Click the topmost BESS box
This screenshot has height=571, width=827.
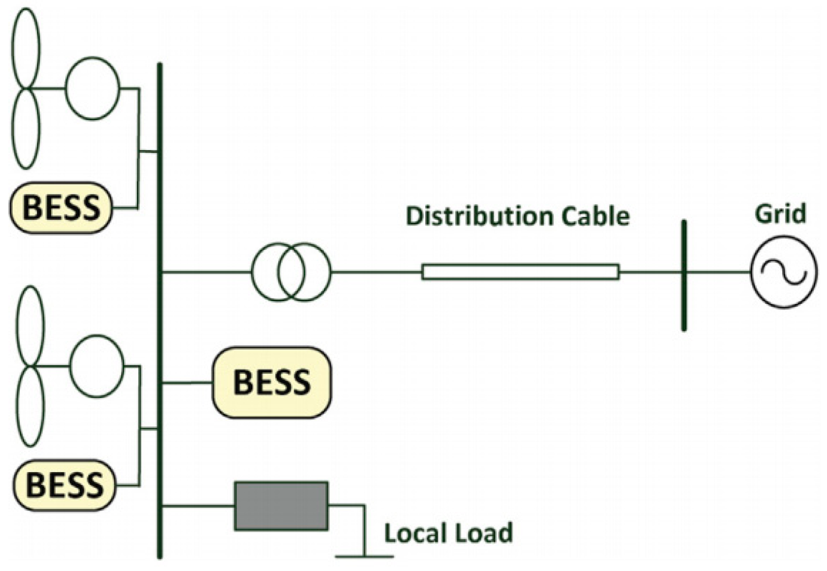click(x=61, y=207)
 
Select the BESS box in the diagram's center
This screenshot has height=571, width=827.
click(x=272, y=382)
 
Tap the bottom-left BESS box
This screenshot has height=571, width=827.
click(x=64, y=484)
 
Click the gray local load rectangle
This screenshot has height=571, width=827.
click(x=281, y=506)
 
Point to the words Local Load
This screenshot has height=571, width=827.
click(x=448, y=533)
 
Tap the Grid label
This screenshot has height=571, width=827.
click(x=780, y=213)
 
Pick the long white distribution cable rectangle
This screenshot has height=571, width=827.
click(x=520, y=272)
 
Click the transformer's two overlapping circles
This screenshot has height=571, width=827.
click(x=291, y=272)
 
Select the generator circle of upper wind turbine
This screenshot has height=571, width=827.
click(x=93, y=89)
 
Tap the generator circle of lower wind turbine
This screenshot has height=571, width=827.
click(x=96, y=366)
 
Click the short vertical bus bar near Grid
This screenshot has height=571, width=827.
click(x=684, y=275)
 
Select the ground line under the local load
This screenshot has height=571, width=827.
click(x=364, y=556)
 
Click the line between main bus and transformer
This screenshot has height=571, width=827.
click(x=207, y=271)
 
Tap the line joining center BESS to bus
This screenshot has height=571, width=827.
click(x=187, y=382)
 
